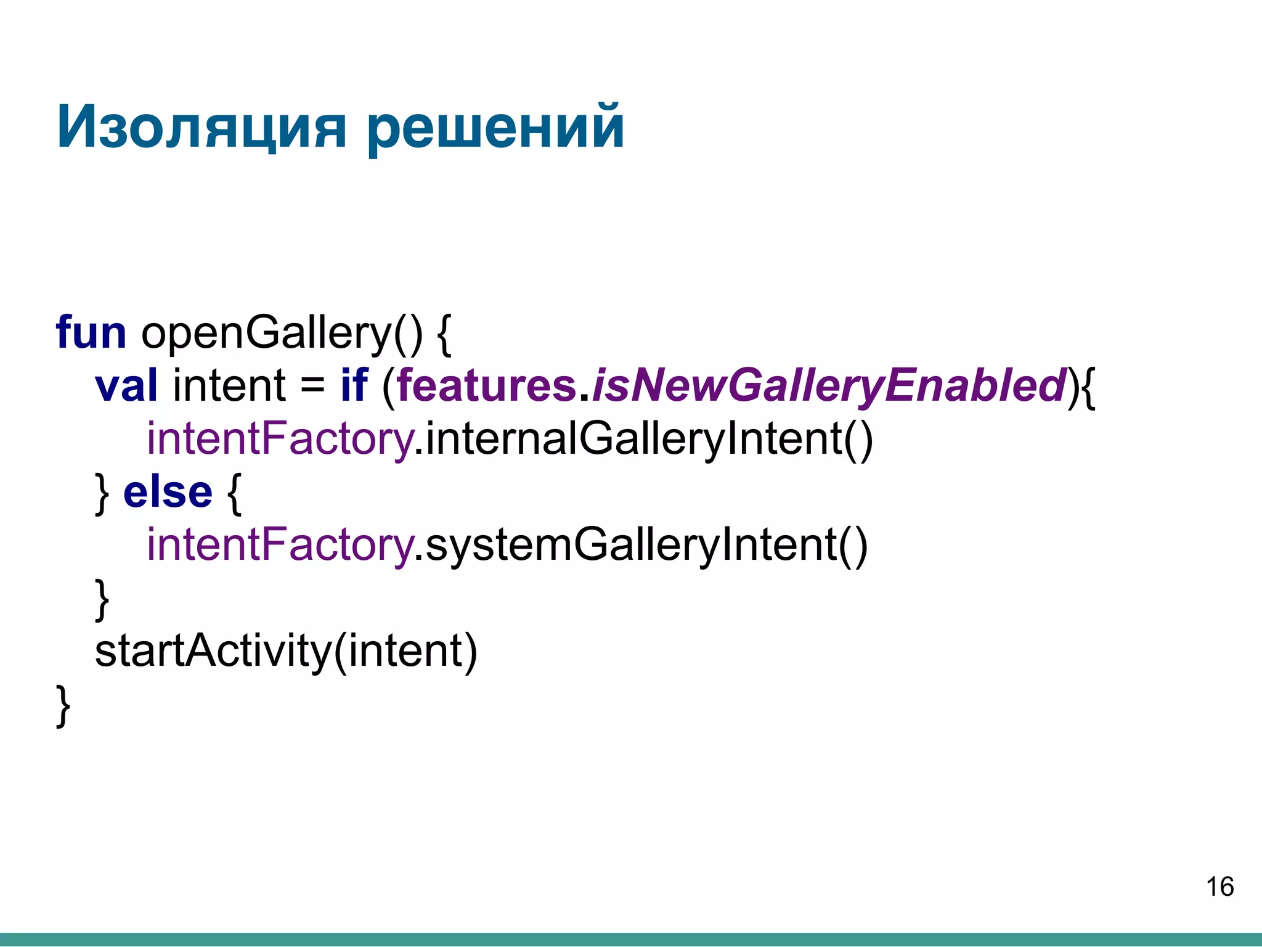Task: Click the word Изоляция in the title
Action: pos(201,128)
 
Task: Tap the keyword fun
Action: pos(91,332)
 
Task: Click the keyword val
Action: pos(126,385)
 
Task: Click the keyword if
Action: pos(354,385)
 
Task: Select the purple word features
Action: pos(486,385)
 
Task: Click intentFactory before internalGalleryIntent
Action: pos(279,439)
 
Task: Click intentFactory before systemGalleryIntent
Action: pos(279,545)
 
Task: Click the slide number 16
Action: pos(1219,887)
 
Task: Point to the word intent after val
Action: pos(229,385)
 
